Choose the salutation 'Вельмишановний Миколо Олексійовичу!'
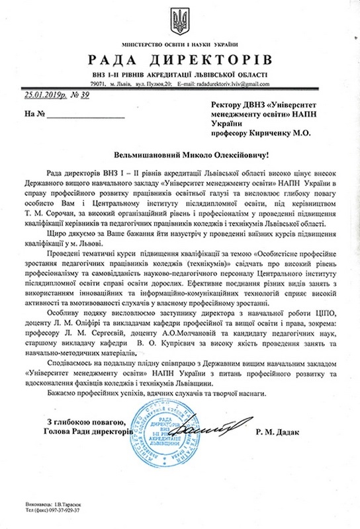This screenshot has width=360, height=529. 180,154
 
